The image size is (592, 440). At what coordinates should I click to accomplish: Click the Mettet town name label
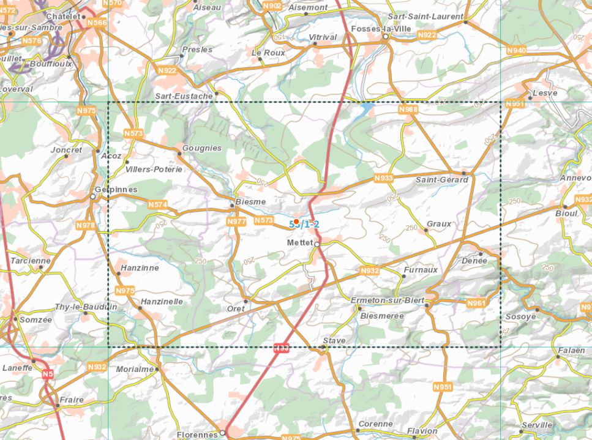tap(299, 243)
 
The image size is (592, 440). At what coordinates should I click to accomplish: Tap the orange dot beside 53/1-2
tap(296, 222)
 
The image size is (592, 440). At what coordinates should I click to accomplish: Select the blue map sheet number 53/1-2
tap(304, 225)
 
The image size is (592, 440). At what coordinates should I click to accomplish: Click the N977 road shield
tap(236, 222)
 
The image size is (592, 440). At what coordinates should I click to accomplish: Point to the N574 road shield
tap(157, 205)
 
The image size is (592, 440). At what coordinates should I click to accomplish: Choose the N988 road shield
tap(408, 110)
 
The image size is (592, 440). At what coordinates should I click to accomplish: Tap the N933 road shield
tap(383, 178)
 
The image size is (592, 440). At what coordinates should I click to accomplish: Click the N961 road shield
tap(476, 303)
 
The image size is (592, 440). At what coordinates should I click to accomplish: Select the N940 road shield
tap(517, 50)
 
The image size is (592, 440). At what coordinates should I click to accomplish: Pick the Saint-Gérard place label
tap(441, 180)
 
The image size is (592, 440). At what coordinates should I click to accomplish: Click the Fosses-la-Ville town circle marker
tap(386, 37)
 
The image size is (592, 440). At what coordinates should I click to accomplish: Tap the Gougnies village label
tap(202, 149)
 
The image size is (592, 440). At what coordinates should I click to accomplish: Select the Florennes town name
tap(197, 434)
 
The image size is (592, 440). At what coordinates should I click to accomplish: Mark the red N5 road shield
tap(48, 373)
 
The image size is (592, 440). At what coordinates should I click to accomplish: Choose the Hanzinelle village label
tap(162, 302)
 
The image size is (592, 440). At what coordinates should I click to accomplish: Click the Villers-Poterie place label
tap(154, 169)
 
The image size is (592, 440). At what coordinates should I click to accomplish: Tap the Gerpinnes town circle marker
tap(93, 197)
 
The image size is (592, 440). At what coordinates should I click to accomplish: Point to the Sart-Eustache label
tap(184, 96)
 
